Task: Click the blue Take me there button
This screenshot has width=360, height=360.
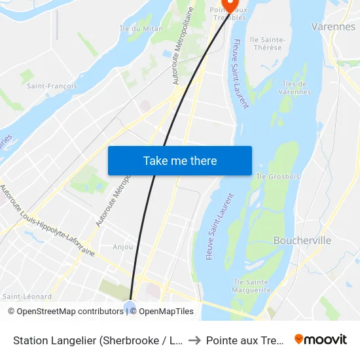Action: pyautogui.click(x=180, y=160)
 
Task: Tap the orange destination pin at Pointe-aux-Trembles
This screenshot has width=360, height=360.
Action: pyautogui.click(x=228, y=5)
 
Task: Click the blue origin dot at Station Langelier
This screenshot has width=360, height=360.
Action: pyautogui.click(x=130, y=306)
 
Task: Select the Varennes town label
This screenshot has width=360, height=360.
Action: pyautogui.click(x=334, y=27)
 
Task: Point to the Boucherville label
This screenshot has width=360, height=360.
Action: pyautogui.click(x=302, y=240)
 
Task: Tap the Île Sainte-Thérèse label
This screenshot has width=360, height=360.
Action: pyautogui.click(x=268, y=44)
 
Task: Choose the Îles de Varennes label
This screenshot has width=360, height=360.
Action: pyautogui.click(x=295, y=88)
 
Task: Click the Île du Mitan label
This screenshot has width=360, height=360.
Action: pyautogui.click(x=141, y=28)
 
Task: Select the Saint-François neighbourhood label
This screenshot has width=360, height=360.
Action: pyautogui.click(x=52, y=86)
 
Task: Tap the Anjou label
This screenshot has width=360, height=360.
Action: pyautogui.click(x=122, y=247)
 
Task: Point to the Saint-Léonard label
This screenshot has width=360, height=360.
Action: pyautogui.click(x=27, y=297)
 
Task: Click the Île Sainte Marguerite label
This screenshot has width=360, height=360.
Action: pyautogui.click(x=252, y=285)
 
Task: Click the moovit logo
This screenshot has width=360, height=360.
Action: pyautogui.click(x=321, y=339)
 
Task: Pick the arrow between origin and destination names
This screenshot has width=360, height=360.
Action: pyautogui.click(x=195, y=340)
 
